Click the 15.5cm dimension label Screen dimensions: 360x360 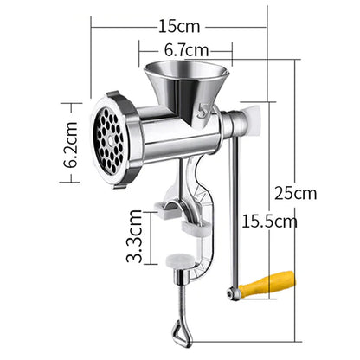(268, 222)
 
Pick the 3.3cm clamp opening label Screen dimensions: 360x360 (134, 236)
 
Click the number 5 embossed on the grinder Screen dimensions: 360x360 (204, 112)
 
